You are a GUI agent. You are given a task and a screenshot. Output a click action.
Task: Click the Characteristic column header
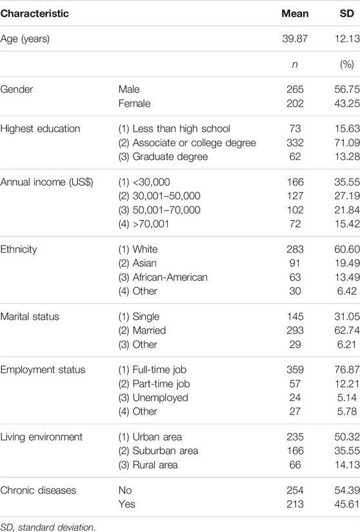coord(35,14)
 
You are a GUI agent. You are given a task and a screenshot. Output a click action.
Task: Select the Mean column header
coord(295,14)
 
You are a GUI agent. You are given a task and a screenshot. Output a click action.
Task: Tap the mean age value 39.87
coord(295,39)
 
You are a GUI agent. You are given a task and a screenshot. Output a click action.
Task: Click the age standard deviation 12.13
coord(346,39)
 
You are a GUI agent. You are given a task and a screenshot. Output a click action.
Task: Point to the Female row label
coord(134,103)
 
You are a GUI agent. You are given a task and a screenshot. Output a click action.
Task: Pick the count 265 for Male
coord(295,89)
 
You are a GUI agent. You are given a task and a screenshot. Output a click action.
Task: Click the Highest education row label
coord(41,128)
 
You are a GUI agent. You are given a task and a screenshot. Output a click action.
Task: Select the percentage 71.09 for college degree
coord(346,143)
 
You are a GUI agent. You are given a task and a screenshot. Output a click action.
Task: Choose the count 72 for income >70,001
coord(295,224)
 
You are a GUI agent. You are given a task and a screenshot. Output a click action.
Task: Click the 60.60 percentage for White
coord(346,249)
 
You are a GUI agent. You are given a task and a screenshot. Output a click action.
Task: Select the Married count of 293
coord(295,330)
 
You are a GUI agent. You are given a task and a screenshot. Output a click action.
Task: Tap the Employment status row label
coord(43,370)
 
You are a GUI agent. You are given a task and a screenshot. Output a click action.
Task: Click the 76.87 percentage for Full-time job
coord(346,369)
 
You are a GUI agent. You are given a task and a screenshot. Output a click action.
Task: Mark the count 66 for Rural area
coord(295,464)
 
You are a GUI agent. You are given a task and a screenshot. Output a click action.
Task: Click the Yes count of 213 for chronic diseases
coord(295,504)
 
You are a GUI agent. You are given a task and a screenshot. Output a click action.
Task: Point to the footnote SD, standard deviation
coord(48,527)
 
